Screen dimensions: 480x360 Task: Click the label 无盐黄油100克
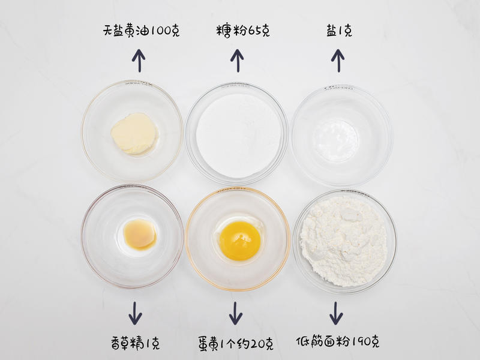141,31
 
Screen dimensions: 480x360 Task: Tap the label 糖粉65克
243,31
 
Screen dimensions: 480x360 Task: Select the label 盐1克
339,31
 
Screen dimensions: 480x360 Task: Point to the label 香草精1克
136,343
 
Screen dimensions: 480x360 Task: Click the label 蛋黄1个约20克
235,343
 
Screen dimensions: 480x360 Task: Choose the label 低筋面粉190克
338,341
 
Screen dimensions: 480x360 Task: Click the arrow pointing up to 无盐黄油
139,61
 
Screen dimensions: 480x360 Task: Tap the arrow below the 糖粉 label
237,61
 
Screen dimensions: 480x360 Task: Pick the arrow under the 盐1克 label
338,61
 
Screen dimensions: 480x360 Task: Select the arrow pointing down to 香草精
135,313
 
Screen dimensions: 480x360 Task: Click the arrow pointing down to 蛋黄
235,313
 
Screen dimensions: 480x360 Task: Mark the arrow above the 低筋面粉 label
336,313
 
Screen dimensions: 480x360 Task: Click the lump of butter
134,133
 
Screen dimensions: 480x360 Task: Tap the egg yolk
240,241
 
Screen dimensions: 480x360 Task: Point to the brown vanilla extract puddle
140,235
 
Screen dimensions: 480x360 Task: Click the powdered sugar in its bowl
238,136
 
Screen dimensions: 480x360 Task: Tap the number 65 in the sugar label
252,31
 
